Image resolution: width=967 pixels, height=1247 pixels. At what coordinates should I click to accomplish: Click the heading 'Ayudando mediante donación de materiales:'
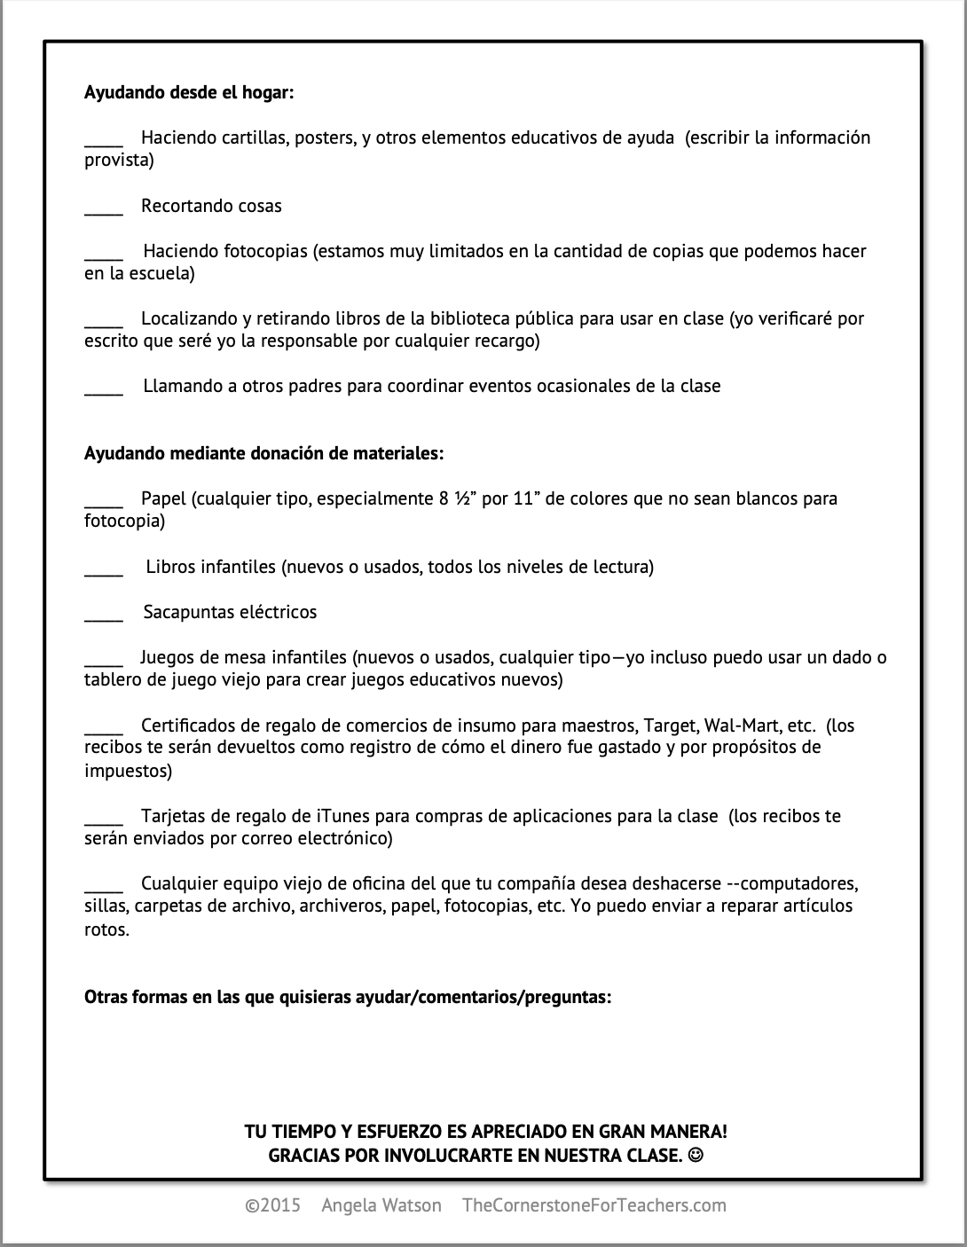(x=263, y=453)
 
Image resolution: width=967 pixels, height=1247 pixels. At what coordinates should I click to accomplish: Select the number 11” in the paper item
(x=526, y=498)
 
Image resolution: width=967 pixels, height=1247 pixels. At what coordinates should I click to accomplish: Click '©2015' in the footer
(x=273, y=1205)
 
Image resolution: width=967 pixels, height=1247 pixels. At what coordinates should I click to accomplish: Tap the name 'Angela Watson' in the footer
(x=381, y=1205)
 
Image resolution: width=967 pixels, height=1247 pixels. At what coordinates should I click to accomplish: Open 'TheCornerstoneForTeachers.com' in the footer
(x=594, y=1205)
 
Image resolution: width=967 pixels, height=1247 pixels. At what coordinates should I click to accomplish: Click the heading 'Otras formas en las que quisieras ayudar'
(x=348, y=997)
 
